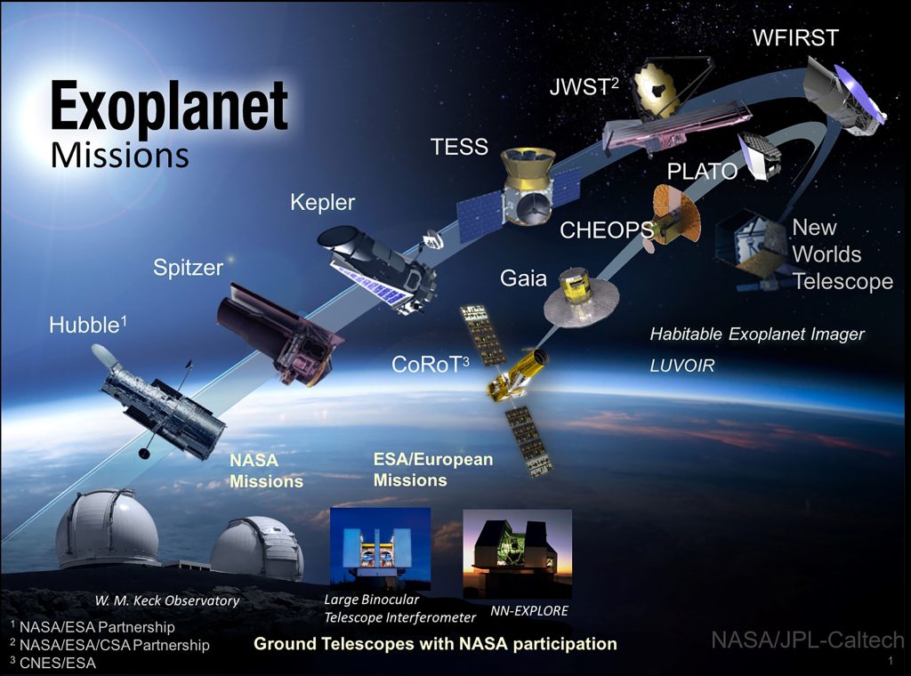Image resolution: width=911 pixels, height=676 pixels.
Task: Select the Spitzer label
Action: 189,268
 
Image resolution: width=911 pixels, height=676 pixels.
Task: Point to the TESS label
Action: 459,147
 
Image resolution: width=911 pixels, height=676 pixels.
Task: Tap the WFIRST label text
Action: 795,37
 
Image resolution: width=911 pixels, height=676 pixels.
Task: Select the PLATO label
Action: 702,172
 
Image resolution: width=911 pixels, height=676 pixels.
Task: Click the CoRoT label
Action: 431,364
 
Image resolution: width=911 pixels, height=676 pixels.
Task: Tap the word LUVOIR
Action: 682,366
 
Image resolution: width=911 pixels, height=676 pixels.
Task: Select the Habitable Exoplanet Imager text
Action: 757,334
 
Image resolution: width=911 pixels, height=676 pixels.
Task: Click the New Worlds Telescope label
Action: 842,254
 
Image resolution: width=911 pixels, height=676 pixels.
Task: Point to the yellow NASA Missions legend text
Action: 266,471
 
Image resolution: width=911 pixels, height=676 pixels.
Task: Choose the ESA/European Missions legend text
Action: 433,470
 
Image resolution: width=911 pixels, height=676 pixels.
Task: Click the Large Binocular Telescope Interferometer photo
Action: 380,549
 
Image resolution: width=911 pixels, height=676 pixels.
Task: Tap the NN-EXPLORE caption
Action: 529,611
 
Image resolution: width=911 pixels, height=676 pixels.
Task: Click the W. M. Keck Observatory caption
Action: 167,601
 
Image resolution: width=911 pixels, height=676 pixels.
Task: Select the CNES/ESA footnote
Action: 52,663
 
